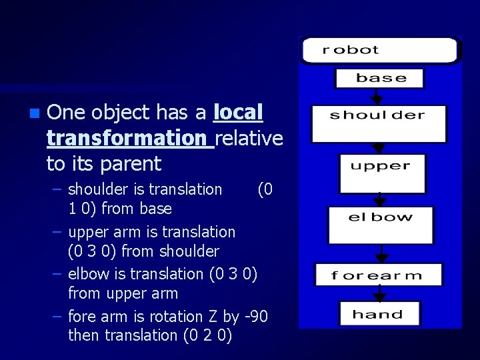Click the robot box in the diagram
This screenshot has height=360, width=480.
[379, 51]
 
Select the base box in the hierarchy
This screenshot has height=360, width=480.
[379, 78]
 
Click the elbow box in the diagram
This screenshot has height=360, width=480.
[380, 225]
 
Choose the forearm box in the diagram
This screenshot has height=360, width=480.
[378, 275]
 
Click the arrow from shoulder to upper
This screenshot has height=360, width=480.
[378, 148]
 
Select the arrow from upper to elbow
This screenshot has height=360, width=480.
[380, 199]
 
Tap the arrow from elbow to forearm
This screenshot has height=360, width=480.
[380, 254]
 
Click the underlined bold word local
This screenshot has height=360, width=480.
[238, 112]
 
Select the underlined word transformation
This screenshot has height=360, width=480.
[127, 138]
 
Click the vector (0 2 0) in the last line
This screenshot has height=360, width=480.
[207, 335]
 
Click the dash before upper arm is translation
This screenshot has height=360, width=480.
[57, 232]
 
